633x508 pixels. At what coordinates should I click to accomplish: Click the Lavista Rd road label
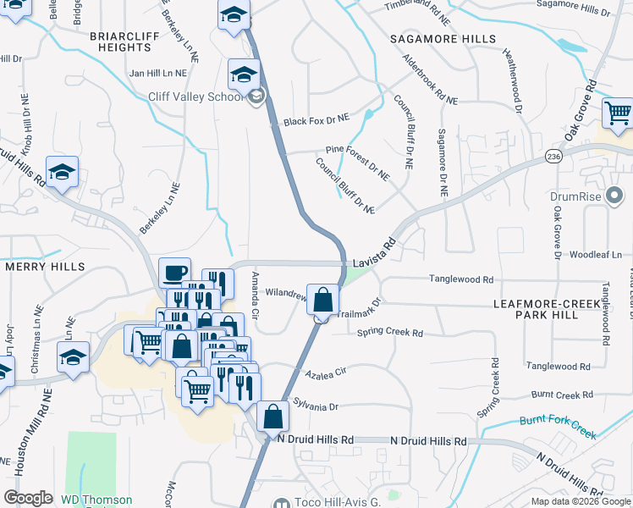click(375, 253)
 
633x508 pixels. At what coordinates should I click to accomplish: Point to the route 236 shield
click(553, 157)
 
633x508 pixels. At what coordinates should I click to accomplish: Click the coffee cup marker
click(174, 273)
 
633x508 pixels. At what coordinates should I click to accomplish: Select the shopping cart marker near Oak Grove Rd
click(618, 113)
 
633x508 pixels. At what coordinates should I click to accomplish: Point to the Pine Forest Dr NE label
click(358, 161)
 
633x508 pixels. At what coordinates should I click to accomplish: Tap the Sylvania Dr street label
click(316, 406)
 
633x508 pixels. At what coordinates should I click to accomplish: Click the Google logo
click(28, 498)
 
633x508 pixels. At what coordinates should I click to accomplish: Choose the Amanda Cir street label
click(255, 291)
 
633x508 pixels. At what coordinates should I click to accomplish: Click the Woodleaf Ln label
click(595, 254)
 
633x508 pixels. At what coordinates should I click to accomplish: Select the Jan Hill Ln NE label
click(161, 74)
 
